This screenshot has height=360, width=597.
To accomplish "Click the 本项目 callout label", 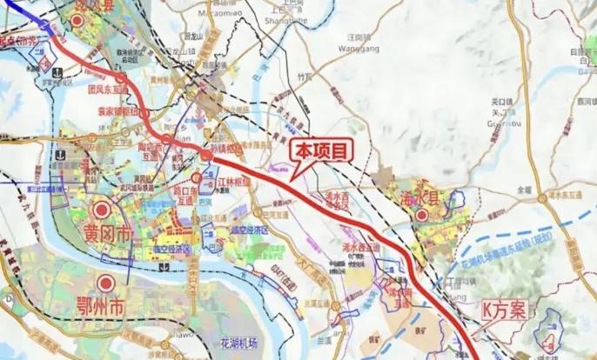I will coord(322,150).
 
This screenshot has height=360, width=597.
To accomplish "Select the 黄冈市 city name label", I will coord(104,234).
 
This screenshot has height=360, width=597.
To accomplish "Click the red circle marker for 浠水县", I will coord(421,215).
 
